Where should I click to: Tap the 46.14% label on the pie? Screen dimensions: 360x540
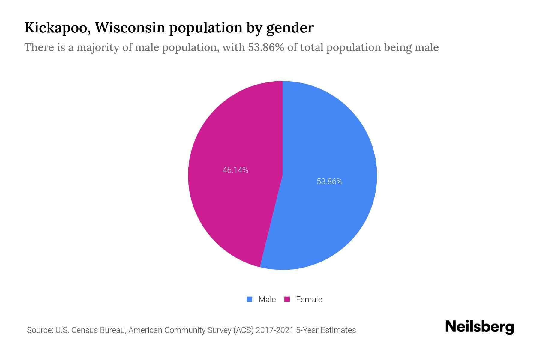pyautogui.click(x=235, y=170)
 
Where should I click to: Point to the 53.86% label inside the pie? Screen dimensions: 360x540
pyautogui.click(x=329, y=181)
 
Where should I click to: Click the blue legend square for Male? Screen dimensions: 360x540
pyautogui.click(x=249, y=299)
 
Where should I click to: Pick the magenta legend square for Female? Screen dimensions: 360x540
pyautogui.click(x=287, y=299)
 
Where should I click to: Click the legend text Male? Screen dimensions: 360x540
pyautogui.click(x=267, y=299)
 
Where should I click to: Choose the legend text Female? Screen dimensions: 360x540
pyautogui.click(x=309, y=299)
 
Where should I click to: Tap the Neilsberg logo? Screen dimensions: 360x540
pyautogui.click(x=479, y=327)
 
